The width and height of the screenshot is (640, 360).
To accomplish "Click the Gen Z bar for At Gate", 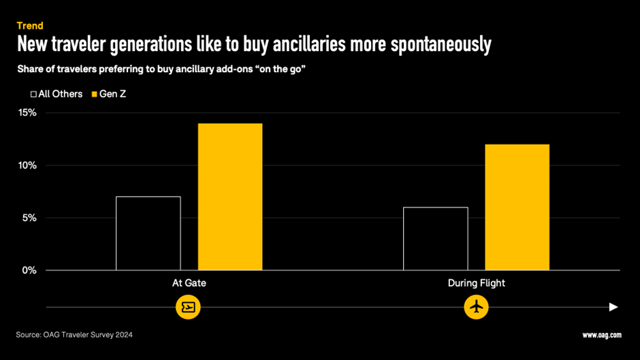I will point(230,197).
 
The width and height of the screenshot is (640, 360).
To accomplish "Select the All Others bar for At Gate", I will point(148,233).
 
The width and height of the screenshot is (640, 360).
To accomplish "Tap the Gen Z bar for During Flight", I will point(517,207).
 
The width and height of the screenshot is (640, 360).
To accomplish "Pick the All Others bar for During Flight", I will point(436,239).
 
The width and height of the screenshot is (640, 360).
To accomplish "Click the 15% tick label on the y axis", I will point(28,112).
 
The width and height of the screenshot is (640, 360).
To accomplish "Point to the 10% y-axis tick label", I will point(28,165).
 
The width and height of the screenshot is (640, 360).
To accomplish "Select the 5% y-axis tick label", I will point(30,218).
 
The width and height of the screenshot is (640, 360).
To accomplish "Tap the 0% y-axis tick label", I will point(30,270).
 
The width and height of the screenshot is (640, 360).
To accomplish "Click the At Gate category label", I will point(189,283).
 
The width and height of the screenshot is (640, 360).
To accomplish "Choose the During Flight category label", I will point(476,283).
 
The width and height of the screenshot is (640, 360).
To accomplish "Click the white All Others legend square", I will point(33,94).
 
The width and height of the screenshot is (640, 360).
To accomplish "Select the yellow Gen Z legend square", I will point(95,94).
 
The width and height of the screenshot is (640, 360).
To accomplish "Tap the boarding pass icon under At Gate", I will point(189,307).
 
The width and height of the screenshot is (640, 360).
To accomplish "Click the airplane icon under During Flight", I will point(477,307).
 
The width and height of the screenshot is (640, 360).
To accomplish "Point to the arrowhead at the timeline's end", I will point(613,307).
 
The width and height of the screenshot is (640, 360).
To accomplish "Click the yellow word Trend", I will point(30,26).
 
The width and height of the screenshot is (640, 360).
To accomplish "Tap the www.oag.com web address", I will point(601,335).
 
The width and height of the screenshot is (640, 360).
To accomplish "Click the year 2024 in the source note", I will point(123,335).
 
